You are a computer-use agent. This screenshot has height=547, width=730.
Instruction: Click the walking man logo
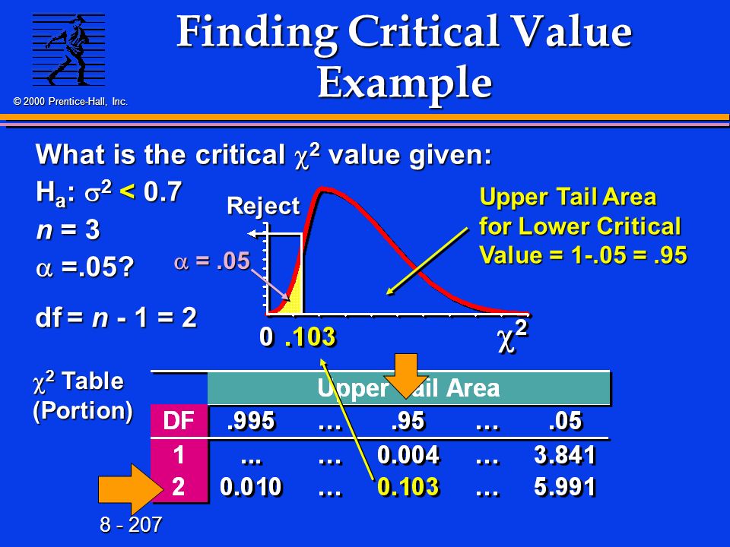click(x=68, y=50)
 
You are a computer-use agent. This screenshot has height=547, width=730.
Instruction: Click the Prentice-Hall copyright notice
click(x=70, y=101)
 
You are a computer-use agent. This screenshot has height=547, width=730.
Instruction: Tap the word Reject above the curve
click(x=263, y=206)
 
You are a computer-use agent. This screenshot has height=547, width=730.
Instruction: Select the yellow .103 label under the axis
click(x=310, y=337)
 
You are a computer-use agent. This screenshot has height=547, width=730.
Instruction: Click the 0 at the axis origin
click(x=266, y=337)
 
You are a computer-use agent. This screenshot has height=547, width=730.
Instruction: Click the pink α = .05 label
click(x=212, y=261)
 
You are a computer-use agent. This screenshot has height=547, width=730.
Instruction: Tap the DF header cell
click(x=179, y=421)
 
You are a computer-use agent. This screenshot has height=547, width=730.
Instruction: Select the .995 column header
click(x=251, y=421)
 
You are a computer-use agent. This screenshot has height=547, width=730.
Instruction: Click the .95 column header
click(x=408, y=421)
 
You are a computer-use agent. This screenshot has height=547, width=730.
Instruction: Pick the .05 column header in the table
click(x=565, y=421)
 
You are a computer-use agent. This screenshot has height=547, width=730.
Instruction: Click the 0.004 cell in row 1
click(x=408, y=454)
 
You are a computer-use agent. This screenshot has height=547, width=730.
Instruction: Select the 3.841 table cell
click(x=565, y=454)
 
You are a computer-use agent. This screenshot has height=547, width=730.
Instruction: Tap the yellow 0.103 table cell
click(x=408, y=486)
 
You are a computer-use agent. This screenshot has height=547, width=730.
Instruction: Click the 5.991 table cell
click(x=565, y=486)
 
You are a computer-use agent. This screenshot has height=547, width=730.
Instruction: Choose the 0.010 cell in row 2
click(x=251, y=486)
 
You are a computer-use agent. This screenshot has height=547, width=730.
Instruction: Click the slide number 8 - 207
click(x=131, y=525)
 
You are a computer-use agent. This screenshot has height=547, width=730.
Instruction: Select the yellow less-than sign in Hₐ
click(x=127, y=191)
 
